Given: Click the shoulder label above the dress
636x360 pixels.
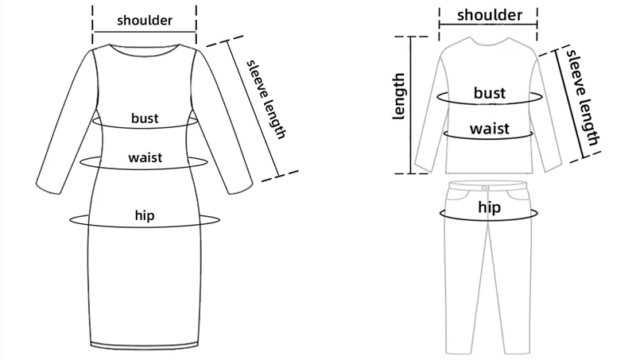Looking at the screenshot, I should click(144, 20).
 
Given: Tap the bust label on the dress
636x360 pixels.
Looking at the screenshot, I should click(145, 118).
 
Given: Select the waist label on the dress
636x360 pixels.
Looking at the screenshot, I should click(145, 157).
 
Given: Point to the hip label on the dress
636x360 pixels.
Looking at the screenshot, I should click(144, 215).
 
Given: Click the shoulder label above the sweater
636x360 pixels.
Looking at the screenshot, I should click(490, 15).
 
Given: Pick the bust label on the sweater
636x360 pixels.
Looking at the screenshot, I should click(490, 93).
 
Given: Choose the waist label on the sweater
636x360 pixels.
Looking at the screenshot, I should click(490, 129).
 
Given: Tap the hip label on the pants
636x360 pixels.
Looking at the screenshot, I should click(489, 207).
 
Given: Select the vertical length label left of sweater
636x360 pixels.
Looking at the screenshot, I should click(400, 96).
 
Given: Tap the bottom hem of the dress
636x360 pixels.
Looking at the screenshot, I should click(144, 345).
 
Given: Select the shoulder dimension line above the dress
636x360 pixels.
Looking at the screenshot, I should click(144, 33).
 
